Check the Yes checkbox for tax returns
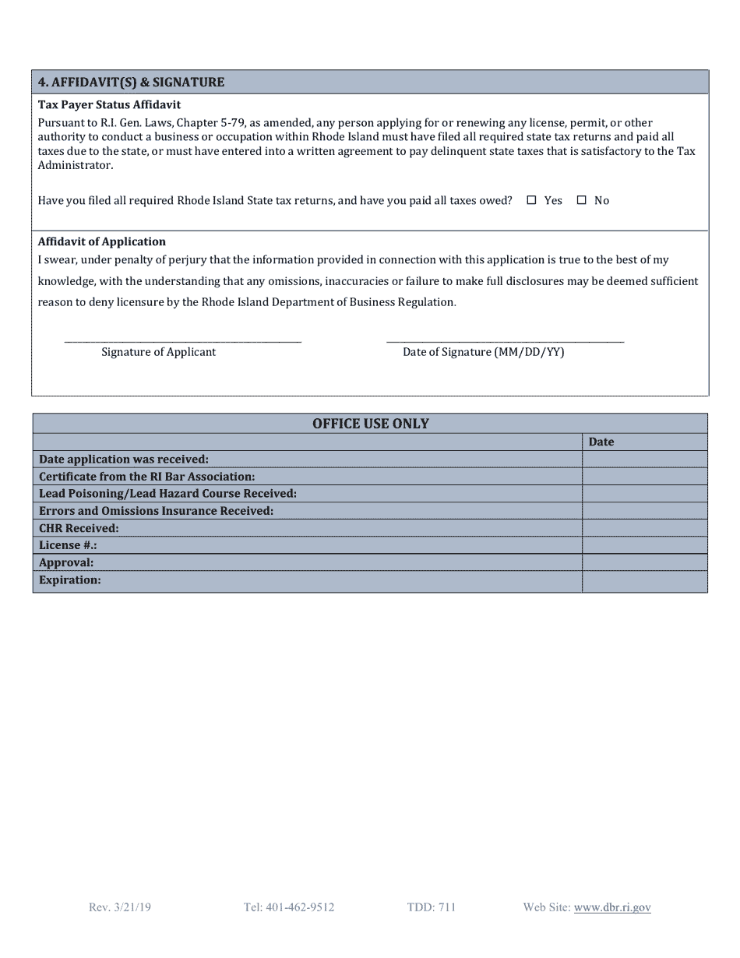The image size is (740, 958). (x=532, y=200)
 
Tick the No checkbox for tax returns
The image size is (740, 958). (x=581, y=200)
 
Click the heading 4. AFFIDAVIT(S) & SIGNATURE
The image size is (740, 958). (x=131, y=82)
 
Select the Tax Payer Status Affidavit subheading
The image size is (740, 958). (x=109, y=104)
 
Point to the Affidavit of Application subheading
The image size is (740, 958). (x=101, y=241)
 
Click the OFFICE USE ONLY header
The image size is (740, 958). (x=370, y=424)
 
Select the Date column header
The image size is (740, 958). (x=601, y=442)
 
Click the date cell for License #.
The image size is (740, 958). (x=644, y=545)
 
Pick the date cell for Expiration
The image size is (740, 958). (x=644, y=580)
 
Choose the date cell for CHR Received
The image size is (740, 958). (x=644, y=528)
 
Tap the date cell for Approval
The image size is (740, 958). (x=644, y=562)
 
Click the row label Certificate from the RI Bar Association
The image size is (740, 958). (x=146, y=477)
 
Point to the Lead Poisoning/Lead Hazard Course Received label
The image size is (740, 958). (x=167, y=494)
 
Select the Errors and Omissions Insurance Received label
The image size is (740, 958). (x=156, y=511)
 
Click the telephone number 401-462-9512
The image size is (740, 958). (x=288, y=907)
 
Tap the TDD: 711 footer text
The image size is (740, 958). (x=431, y=907)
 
